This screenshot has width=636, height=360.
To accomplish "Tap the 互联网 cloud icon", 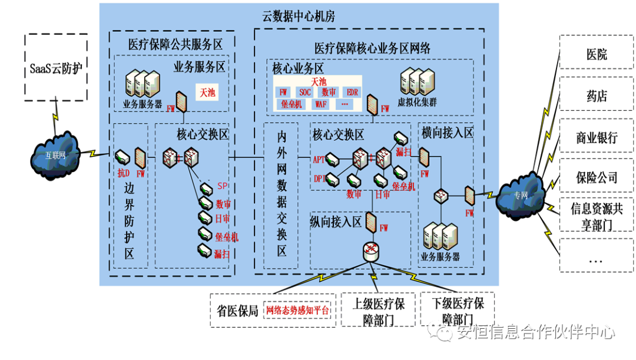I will pos(55,155).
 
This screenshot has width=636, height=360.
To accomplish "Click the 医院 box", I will pos(596,54).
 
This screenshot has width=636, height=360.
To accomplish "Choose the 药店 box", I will pos(596,96).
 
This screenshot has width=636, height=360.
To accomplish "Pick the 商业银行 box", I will pos(596,138).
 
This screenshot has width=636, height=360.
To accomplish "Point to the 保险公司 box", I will pos(596,177).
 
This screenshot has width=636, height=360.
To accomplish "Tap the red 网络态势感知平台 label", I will pos(297,311).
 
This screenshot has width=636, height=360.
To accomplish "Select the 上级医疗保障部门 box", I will pos(379,311).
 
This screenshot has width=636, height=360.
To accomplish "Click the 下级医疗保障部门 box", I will pos(458,311).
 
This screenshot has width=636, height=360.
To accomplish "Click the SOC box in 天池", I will pos(305,93).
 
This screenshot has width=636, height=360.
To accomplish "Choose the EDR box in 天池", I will pos(352,93).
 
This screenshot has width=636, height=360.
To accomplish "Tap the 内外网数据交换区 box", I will pos(281,194).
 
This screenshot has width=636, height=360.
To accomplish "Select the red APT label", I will pos(319,159).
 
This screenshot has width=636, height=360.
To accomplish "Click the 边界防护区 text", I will pos(130,221).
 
